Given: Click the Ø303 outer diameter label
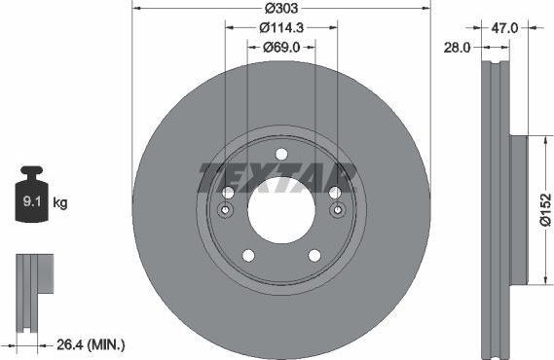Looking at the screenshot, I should click(280, 9).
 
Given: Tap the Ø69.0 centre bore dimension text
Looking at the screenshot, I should click(281, 48).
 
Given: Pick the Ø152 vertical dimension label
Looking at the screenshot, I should click(545, 210).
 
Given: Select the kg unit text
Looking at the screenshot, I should click(59, 203).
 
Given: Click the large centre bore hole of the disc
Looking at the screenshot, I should click(280, 210).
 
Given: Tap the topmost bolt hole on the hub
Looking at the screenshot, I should click(281, 154).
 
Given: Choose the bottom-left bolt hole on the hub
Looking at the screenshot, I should click(247, 256).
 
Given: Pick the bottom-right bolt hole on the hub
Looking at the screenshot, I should click(314, 256).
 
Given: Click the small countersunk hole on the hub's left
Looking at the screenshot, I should click(226, 211).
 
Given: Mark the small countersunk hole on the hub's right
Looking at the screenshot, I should click(337, 211).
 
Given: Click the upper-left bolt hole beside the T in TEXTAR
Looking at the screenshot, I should click(227, 193).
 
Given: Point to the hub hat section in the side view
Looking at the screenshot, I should click(515, 210).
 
